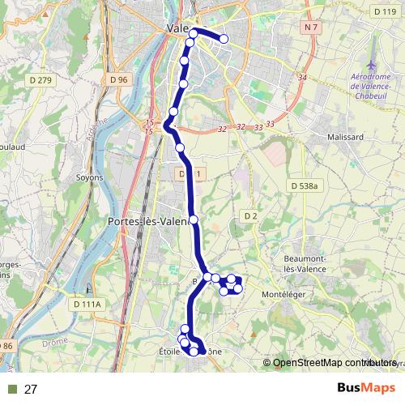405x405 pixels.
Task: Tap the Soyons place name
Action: tap(89, 177)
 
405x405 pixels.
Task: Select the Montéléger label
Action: tap(286, 294)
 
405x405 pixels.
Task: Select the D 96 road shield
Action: tap(118, 79)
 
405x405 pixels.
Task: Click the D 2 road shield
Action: tap(249, 215)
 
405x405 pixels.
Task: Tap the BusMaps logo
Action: tap(360, 389)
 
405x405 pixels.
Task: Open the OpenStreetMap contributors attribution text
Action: tap(328, 363)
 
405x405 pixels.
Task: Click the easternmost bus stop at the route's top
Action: tap(224, 39)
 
